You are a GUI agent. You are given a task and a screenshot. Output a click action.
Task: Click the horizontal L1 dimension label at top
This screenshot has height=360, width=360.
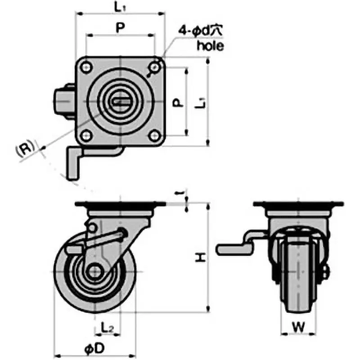coord(120,7)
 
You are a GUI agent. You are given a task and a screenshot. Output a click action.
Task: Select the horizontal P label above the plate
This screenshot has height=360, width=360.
coord(120,28)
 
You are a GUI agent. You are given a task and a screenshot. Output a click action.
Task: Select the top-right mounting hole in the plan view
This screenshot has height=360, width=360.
coord(155,67)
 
